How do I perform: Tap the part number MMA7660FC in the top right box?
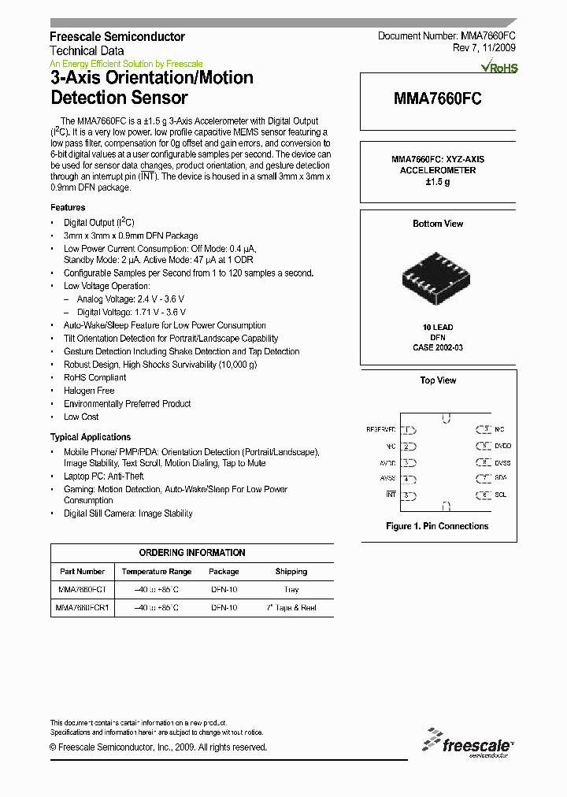tap(437, 100)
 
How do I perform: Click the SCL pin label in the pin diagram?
tap(501, 495)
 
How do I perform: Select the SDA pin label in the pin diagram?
tap(501, 478)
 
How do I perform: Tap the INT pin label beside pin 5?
tap(391, 495)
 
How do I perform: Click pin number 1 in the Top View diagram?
tap(407, 430)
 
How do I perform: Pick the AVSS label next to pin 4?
tap(387, 478)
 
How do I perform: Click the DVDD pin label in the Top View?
tap(502, 446)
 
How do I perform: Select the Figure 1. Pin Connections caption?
tap(437, 526)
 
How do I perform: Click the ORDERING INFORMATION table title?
tap(192, 553)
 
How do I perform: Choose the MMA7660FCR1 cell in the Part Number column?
tap(82, 608)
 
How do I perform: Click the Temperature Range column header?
tap(156, 571)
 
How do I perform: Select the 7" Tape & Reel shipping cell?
tap(291, 608)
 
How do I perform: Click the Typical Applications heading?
tap(91, 437)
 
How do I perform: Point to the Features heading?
tap(68, 207)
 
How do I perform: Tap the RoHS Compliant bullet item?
tap(94, 377)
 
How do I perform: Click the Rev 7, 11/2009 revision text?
tap(484, 48)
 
